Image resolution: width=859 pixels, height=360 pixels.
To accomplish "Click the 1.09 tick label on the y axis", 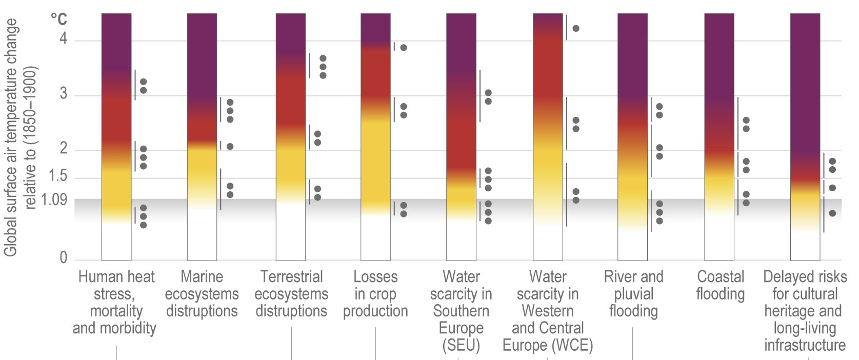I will pos(54,199).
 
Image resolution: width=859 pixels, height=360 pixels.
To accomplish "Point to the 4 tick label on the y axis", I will pos(63,39).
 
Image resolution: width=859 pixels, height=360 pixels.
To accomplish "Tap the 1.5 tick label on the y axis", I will pos(57,176).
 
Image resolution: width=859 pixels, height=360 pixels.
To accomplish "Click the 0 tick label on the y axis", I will pos(63,258).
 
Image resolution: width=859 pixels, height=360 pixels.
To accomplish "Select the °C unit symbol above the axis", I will pos(58,19).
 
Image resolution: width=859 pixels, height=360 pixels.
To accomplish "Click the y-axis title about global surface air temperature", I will pos(19,137).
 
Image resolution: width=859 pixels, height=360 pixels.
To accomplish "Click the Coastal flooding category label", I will pos(720,285).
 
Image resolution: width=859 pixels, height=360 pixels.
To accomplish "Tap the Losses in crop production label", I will pos(375,294).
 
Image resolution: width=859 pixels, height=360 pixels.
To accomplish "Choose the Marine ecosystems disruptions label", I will pos(202,294).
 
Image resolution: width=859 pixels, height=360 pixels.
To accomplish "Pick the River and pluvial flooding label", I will pos(633,294).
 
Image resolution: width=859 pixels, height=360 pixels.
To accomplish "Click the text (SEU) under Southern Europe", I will pos(461,345).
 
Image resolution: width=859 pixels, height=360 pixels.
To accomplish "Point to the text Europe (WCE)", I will pos(548,345).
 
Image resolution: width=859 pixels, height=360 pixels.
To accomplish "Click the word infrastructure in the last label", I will pos(805,345).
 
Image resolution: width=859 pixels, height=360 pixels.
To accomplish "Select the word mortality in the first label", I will pos(116,311).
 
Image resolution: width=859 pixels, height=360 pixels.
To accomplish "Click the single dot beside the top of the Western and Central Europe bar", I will pos(576,28).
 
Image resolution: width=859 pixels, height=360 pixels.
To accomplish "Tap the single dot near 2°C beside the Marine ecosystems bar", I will pos(230,147).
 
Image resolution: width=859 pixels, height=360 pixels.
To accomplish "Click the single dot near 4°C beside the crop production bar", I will pos(404,48).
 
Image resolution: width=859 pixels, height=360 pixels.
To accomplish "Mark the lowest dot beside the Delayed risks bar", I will pos(832,213).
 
